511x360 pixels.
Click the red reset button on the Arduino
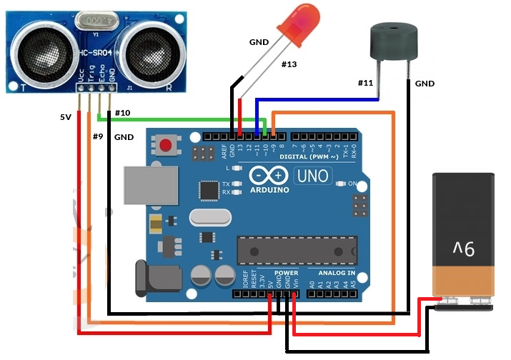tap(166, 146)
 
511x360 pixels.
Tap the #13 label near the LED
tap(288, 65)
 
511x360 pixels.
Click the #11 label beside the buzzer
tap(366, 84)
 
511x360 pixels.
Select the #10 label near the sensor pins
tap(122, 113)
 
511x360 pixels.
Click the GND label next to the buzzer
tap(425, 84)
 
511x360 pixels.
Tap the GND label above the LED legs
tap(259, 42)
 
